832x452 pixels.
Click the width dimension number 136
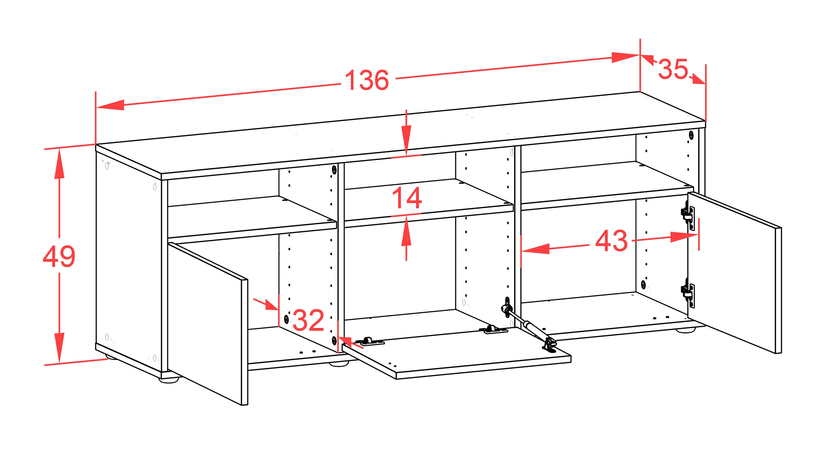[367, 80]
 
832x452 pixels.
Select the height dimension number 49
[59, 256]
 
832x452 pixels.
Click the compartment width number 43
[611, 241]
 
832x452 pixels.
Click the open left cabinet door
[208, 323]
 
